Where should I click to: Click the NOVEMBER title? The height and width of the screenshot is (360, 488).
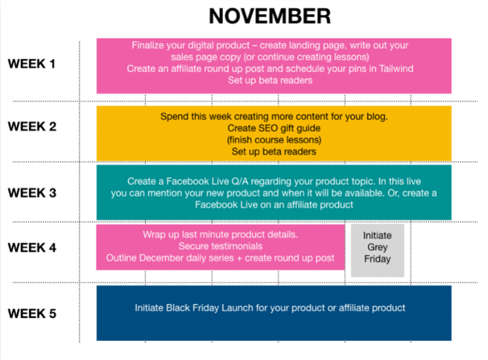[269, 16]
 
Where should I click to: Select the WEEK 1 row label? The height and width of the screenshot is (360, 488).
[32, 64]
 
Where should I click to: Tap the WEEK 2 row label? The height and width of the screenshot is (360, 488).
[32, 126]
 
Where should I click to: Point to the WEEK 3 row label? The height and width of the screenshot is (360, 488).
[32, 193]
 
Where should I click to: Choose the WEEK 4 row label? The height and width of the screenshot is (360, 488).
[32, 248]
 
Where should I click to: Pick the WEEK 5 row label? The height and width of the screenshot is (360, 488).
[32, 314]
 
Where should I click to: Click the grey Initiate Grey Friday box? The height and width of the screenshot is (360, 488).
[378, 250]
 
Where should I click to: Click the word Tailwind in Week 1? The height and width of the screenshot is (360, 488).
[396, 68]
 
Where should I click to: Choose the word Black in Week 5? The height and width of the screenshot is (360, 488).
[178, 308]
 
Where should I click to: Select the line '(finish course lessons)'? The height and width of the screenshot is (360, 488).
[274, 140]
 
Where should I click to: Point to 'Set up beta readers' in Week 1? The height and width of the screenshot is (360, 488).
[270, 80]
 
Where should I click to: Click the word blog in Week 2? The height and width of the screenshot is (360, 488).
[377, 116]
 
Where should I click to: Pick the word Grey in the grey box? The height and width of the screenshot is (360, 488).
[378, 247]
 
